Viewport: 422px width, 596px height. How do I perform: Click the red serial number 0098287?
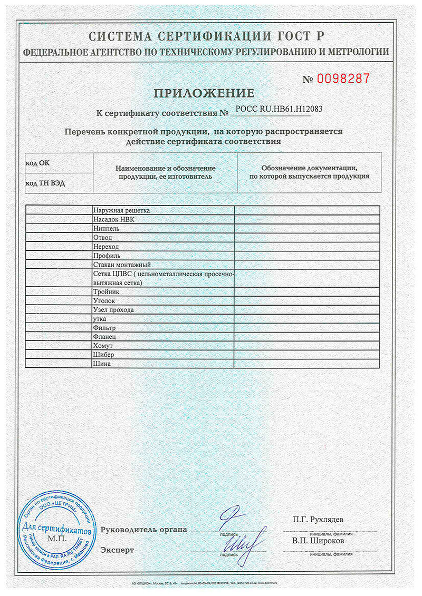pyautogui.click(x=343, y=79)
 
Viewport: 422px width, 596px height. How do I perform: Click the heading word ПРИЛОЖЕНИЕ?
pyautogui.click(x=204, y=94)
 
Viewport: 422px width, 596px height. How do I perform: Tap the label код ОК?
pyautogui.click(x=37, y=163)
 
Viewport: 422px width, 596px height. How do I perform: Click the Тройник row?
pyautogui.click(x=107, y=291)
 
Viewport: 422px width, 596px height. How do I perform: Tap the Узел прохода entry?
pyautogui.click(x=113, y=310)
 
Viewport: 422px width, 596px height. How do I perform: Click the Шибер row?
pyautogui.click(x=103, y=355)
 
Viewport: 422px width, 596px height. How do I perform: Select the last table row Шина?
pyautogui.click(x=101, y=364)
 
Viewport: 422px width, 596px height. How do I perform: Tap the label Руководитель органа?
pyautogui.click(x=143, y=529)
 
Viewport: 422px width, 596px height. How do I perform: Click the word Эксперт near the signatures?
pyautogui.click(x=117, y=550)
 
